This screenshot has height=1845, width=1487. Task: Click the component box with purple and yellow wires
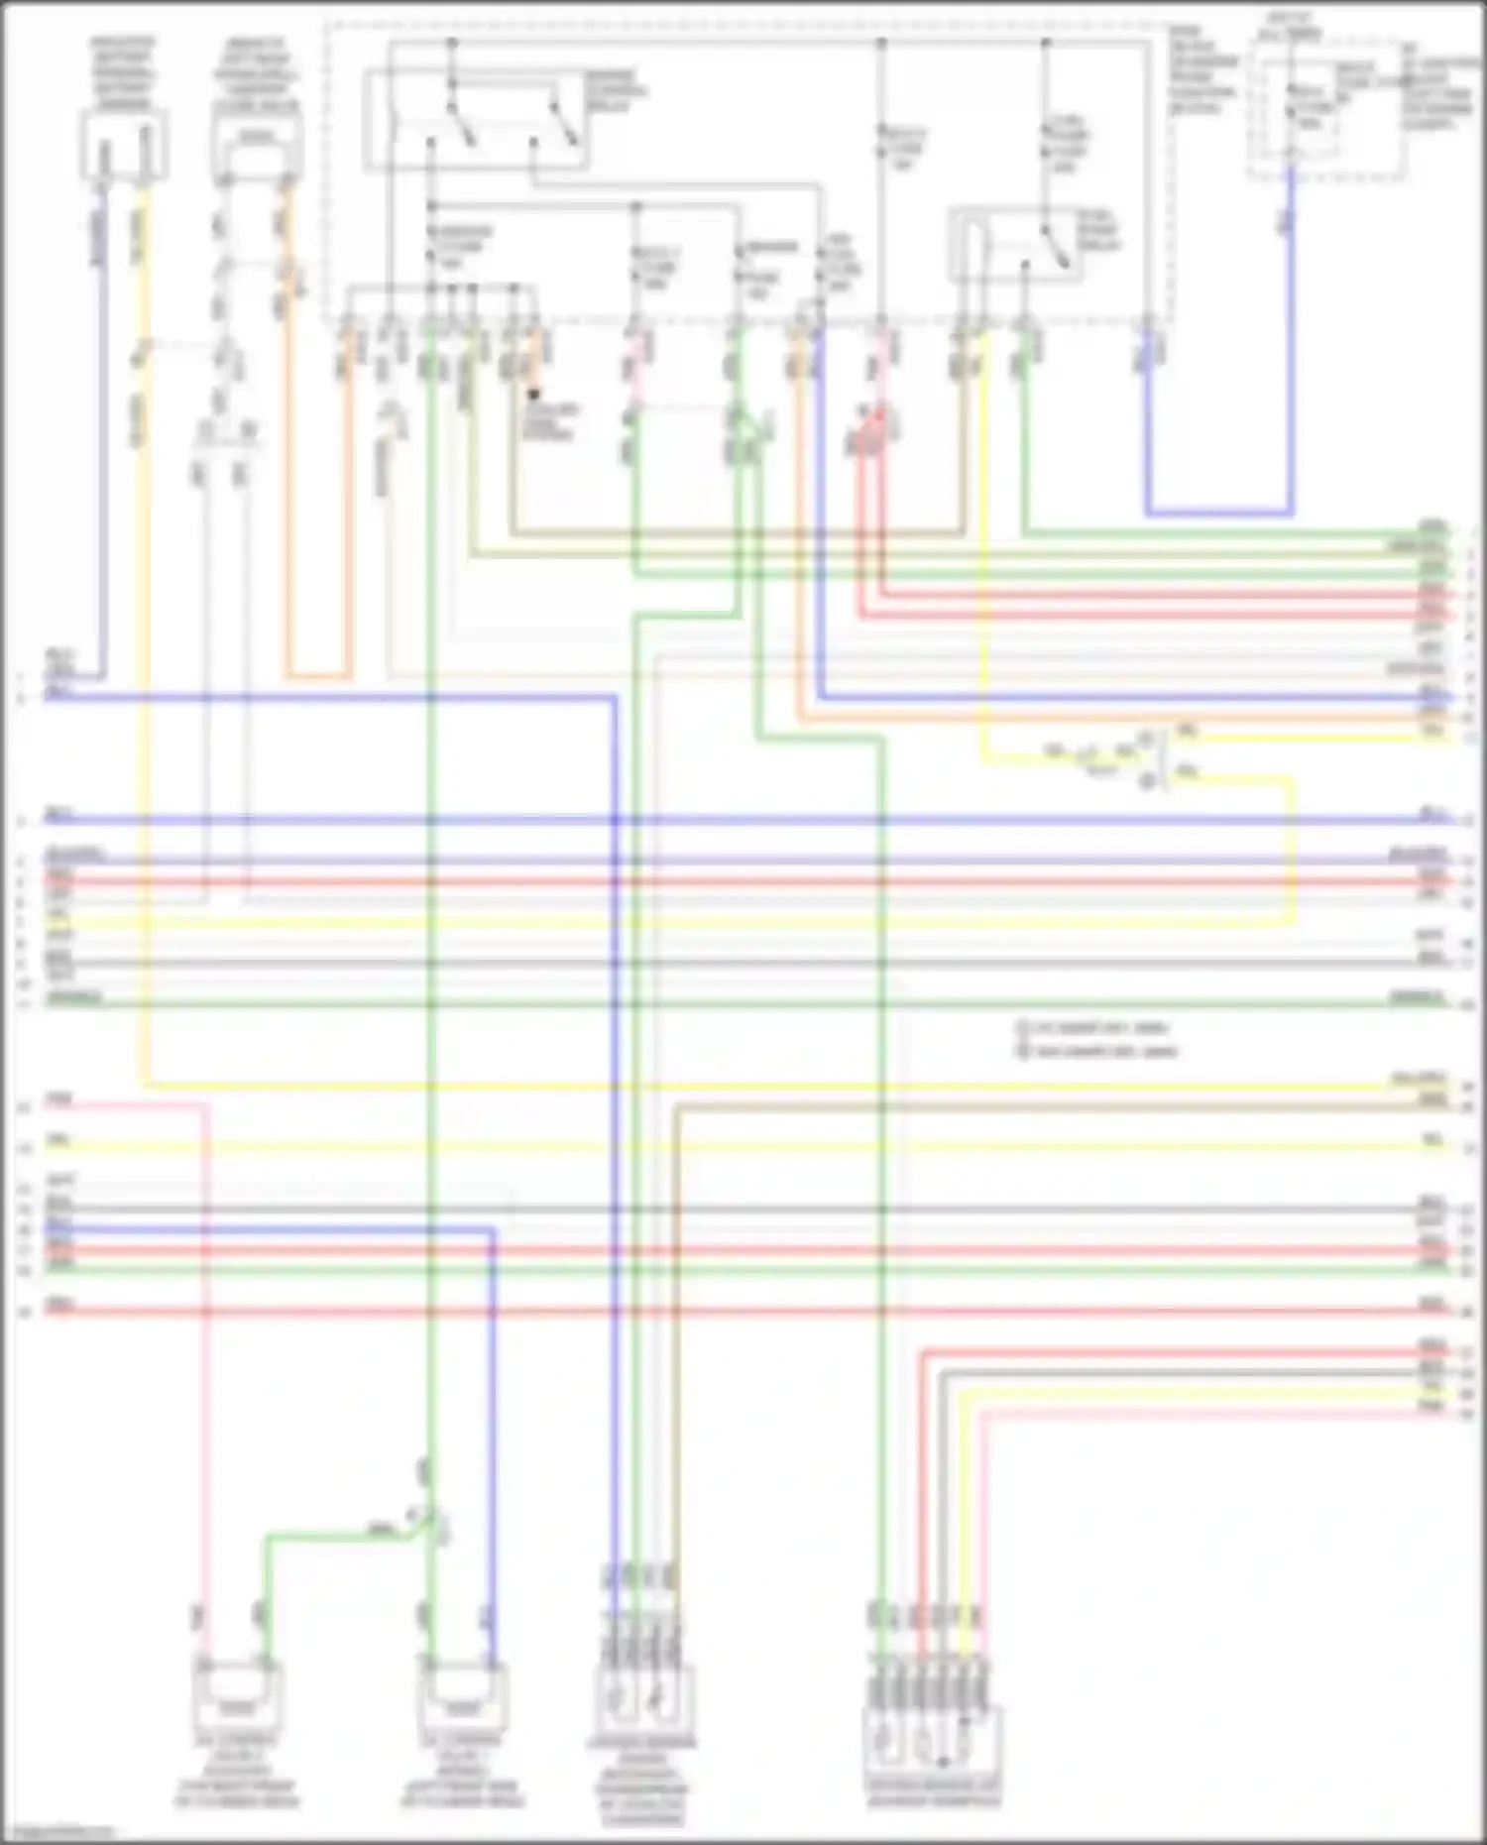coord(123,146)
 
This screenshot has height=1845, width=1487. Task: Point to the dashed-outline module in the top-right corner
coord(1325,109)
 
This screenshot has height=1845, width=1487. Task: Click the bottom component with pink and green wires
coord(236,1696)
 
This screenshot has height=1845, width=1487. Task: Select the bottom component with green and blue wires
coord(462,1696)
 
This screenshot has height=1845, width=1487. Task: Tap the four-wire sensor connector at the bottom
coord(643,1701)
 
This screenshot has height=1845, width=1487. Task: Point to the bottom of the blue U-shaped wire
coord(1219,514)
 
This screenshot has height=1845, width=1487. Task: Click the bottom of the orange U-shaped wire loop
coord(318,677)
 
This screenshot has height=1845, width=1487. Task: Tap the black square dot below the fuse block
coord(534,396)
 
